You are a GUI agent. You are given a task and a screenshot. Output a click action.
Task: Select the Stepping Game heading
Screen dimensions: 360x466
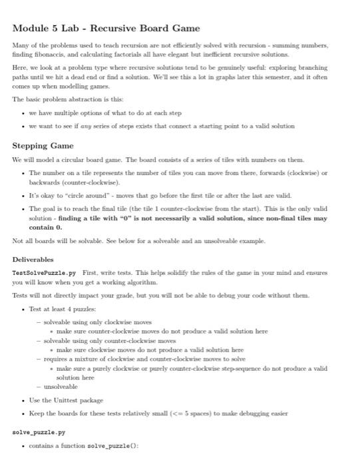pos(39,146)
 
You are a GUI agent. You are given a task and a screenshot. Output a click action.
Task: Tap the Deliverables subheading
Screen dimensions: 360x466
pos(33,259)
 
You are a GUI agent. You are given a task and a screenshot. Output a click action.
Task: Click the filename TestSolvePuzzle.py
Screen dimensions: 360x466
pos(39,273)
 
